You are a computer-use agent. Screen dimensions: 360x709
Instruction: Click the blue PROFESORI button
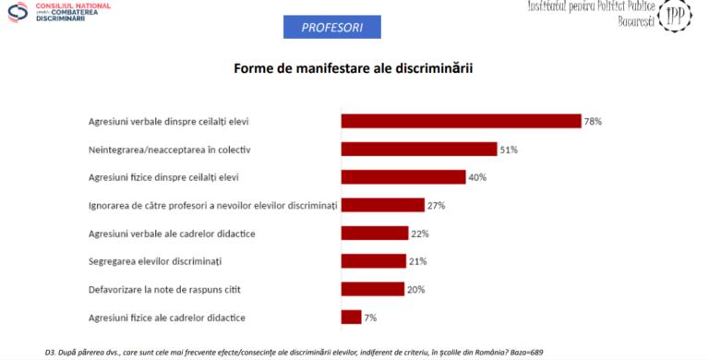332,28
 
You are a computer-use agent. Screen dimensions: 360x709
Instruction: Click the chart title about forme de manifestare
354,69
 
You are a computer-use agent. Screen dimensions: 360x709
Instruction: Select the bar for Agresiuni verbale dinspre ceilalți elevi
461,121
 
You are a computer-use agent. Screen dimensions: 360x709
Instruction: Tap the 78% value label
593,121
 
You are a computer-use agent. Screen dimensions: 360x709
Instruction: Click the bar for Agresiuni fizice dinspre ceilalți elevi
403,177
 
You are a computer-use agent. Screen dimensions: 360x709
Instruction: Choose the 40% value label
477,177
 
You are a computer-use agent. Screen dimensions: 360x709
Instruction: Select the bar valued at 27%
382,205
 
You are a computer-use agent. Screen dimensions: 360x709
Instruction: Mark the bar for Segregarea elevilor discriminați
373,261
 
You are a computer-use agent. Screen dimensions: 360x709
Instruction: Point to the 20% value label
416,289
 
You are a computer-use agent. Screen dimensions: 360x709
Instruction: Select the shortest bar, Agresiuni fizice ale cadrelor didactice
351,318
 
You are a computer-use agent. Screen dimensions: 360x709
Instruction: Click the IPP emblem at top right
676,18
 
